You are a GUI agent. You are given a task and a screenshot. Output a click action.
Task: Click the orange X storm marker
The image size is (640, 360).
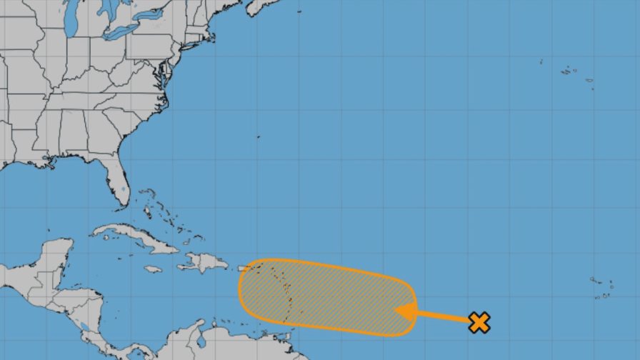(x=480, y=322)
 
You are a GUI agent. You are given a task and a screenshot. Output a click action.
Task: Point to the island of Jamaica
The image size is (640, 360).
(x=153, y=269)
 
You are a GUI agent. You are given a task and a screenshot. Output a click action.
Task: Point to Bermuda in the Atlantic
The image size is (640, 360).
(x=258, y=137)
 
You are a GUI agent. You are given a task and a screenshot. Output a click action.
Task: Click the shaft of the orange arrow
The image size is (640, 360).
(x=443, y=316)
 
